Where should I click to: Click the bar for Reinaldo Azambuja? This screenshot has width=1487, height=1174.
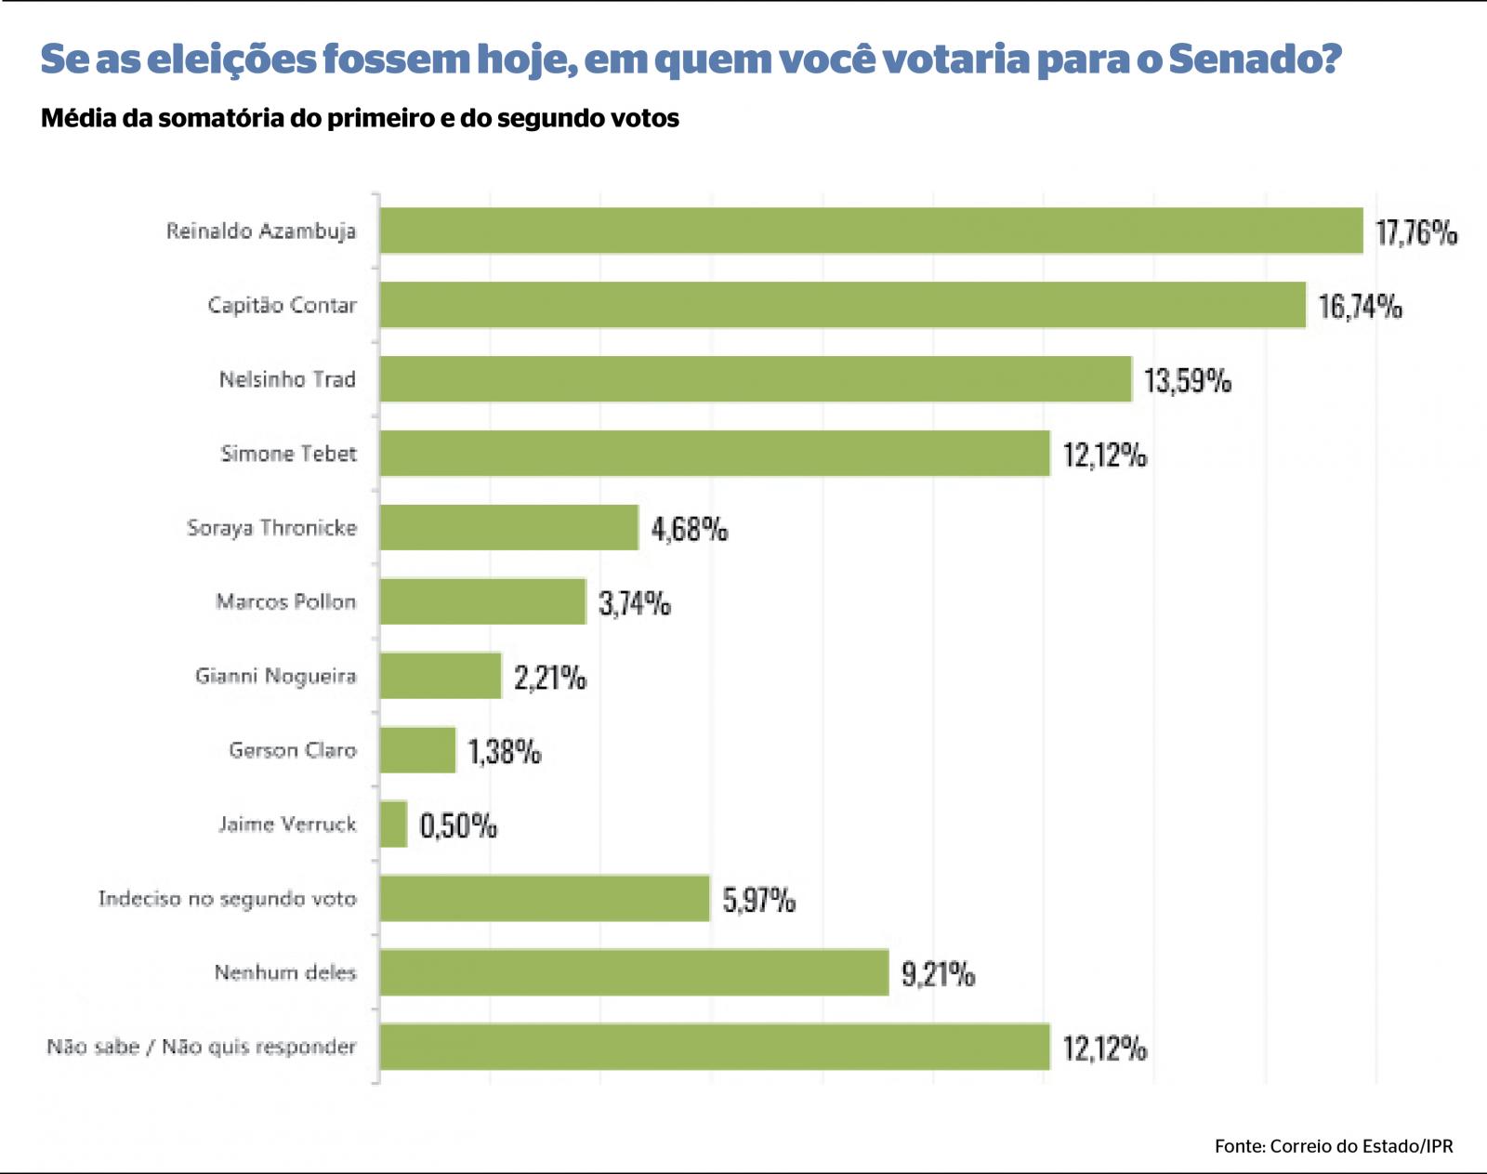point(871,231)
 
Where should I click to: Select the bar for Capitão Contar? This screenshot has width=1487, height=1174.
point(842,305)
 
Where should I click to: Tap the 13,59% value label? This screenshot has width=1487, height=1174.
point(1187,381)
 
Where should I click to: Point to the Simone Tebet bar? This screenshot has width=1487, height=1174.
point(715,454)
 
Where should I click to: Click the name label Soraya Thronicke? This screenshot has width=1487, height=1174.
point(271,528)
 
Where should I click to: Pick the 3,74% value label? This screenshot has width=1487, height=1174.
point(634,604)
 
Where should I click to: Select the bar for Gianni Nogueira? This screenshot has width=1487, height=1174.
point(441,676)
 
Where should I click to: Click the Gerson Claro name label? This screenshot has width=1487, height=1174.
point(292,750)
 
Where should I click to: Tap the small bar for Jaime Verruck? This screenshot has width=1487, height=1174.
point(393,824)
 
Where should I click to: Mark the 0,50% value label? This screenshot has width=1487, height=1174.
point(458,826)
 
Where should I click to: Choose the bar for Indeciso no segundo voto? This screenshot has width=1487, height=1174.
point(545,899)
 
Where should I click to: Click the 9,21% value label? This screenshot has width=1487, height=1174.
point(938,975)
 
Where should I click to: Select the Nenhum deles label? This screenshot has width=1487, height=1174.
point(284,973)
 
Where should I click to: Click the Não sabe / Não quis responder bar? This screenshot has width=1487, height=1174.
point(715,1047)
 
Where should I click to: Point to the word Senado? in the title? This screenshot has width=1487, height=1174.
point(1255,59)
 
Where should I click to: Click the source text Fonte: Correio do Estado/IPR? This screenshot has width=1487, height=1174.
point(1333,1146)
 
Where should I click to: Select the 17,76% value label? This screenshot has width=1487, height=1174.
point(1415,232)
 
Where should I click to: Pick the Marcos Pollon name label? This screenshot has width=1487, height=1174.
point(285,602)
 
